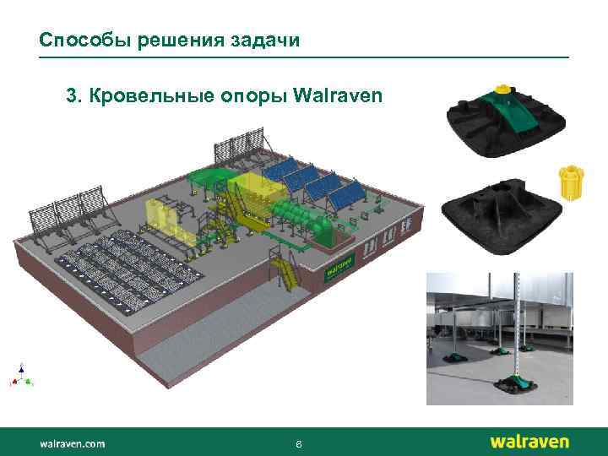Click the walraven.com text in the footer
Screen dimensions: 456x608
point(72,442)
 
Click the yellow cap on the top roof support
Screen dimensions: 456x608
point(503,87)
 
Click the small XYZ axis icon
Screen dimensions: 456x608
point(22,375)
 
